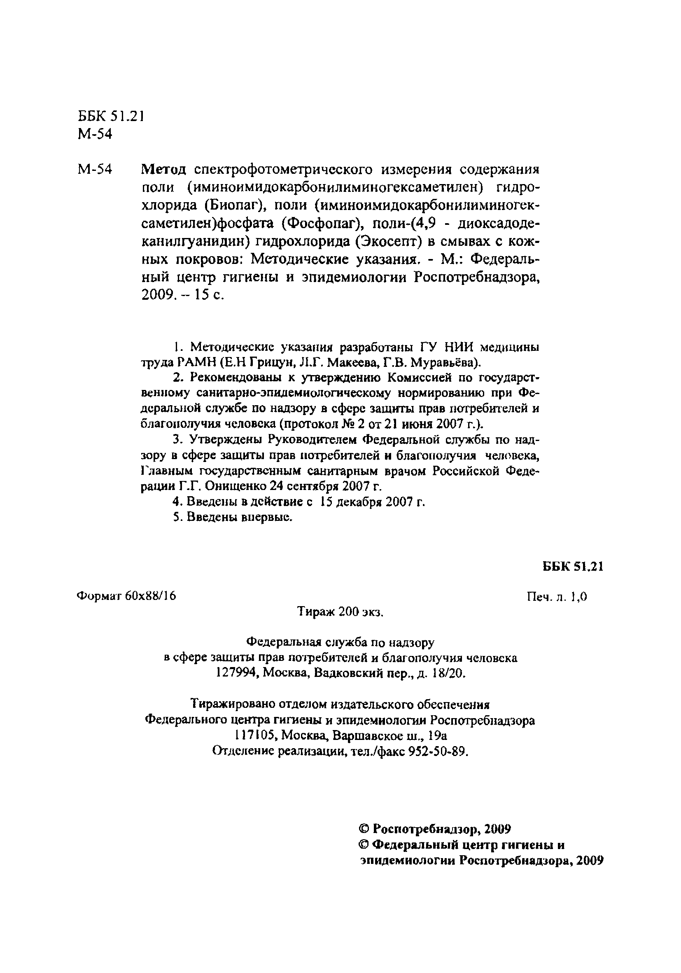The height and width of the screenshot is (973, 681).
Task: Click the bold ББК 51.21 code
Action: [573, 567]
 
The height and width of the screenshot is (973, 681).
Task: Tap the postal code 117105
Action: [254, 735]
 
